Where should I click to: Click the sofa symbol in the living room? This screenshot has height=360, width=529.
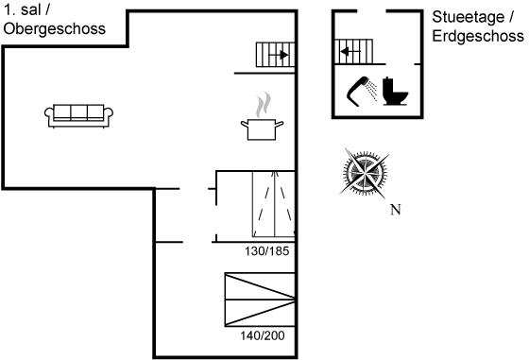[x=78, y=116]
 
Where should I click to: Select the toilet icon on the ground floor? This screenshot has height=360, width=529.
[x=395, y=91]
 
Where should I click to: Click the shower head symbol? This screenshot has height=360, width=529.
[x=358, y=91]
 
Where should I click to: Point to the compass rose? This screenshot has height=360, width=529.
[x=365, y=174]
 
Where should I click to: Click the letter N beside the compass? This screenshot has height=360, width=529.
[x=396, y=210]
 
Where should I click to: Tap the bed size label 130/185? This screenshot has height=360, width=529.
[x=266, y=251]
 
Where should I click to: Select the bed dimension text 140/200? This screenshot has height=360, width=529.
[x=263, y=335]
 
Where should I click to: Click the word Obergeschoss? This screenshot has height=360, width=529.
[x=55, y=29]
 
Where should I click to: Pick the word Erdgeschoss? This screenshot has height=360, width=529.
[x=478, y=36]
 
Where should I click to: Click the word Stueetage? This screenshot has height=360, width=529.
[x=469, y=17]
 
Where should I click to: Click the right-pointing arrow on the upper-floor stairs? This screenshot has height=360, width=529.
[x=279, y=55]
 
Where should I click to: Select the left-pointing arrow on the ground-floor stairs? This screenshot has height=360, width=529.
[x=350, y=52]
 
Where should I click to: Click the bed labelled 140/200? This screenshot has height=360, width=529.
[x=260, y=300]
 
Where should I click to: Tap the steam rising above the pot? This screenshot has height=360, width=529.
[x=264, y=104]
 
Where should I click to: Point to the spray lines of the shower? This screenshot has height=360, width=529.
[x=372, y=90]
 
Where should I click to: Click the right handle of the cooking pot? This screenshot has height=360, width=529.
[x=280, y=124]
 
